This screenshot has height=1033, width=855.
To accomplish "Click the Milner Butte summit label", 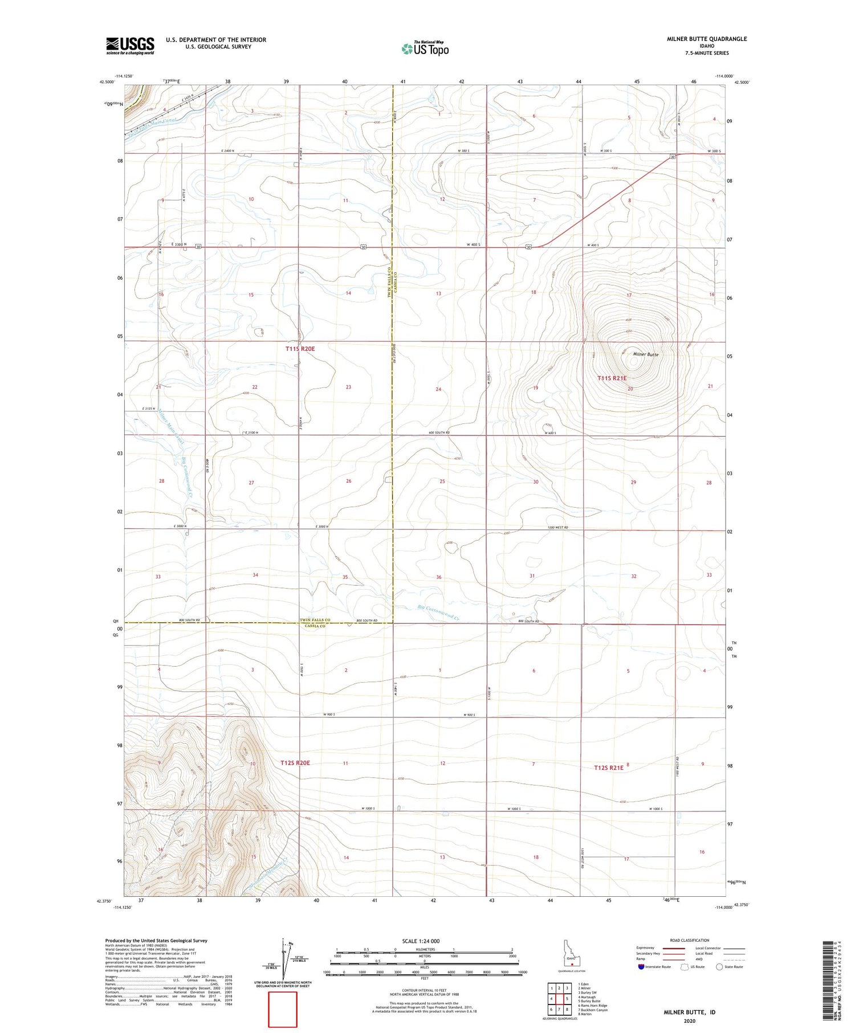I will pyautogui.click(x=646, y=354).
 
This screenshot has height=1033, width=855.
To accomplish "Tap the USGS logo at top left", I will pyautogui.click(x=130, y=46).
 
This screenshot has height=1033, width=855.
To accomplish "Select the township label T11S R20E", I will pyautogui.click(x=300, y=348).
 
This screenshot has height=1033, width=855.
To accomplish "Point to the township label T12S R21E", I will pyautogui.click(x=609, y=767).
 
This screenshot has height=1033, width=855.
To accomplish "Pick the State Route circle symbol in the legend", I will pyautogui.click(x=719, y=967).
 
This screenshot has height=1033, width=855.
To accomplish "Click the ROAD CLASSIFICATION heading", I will pyautogui.click(x=689, y=941).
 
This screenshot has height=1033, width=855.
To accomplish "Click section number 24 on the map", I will pyautogui.click(x=438, y=389).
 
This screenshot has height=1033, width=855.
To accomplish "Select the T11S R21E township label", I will pyautogui.click(x=612, y=378).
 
